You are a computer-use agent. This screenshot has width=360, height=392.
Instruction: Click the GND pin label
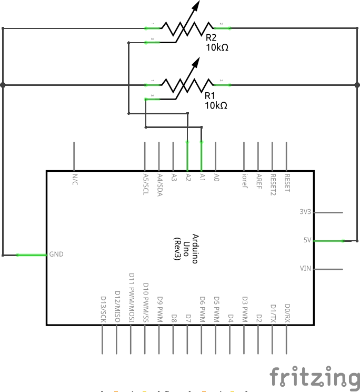point(56,254)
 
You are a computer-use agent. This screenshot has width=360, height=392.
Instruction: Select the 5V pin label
point(307,240)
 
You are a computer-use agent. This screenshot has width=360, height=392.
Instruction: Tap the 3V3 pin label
point(305,212)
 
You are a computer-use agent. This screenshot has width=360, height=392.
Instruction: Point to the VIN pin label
point(306,269)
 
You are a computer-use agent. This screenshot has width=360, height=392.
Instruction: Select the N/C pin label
point(75,179)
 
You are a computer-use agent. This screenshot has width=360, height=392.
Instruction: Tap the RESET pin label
point(287,183)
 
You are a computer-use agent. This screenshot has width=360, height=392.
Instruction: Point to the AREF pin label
point(258,181)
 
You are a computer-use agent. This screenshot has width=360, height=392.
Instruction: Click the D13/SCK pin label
point(103,309)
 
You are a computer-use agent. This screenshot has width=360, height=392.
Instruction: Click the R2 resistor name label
point(212,38)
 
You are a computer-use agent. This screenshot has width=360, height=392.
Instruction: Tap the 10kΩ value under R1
point(216,105)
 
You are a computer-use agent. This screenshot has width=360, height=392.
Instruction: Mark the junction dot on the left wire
point(3,84)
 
